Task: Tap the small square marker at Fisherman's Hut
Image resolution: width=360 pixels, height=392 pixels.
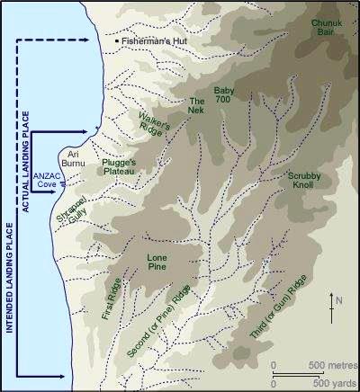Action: (x=116, y=41)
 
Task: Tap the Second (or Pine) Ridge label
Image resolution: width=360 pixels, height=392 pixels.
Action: (x=159, y=327)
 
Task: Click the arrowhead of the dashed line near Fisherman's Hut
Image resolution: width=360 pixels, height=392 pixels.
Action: (x=90, y=40)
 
